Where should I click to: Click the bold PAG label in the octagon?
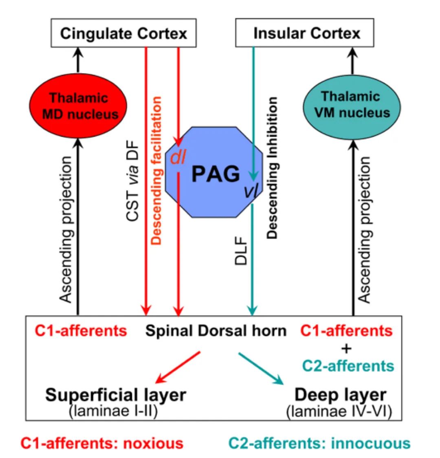point(216,174)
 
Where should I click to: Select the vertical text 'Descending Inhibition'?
point(273,167)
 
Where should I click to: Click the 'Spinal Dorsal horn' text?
point(216,330)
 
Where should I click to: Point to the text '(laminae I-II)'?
point(114,411)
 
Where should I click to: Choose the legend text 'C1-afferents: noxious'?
point(102,443)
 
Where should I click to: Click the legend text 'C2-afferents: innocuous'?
point(319,443)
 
